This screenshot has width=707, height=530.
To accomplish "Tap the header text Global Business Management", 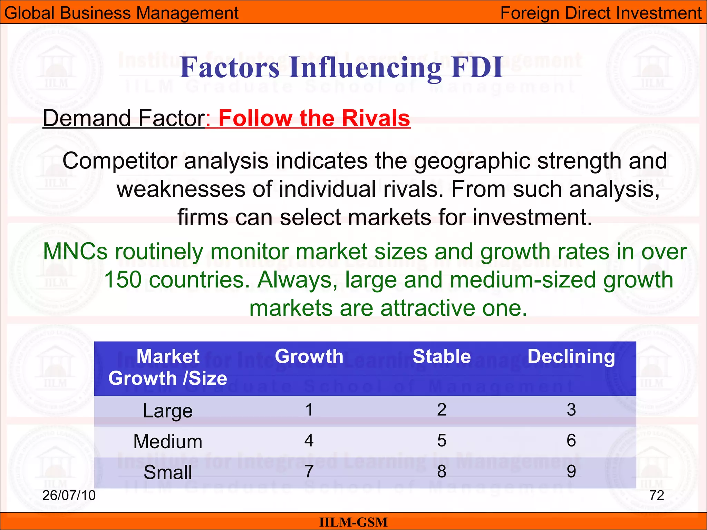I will (121, 13).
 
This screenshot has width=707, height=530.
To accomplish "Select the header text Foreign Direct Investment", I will (601, 13).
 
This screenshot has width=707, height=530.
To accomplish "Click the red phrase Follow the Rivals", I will (314, 118).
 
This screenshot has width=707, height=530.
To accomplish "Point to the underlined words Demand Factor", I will (124, 118).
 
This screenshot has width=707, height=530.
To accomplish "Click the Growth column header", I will (309, 356).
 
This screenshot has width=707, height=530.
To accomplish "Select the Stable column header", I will (442, 356).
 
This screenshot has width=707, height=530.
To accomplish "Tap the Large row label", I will (168, 411).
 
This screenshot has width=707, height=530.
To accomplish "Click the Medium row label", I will (168, 441).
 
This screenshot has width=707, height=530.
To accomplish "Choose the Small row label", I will (168, 472).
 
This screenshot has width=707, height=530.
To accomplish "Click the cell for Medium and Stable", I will (442, 441).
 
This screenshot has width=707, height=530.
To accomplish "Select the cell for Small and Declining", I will (571, 471).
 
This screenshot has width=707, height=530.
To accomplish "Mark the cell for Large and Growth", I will (309, 410).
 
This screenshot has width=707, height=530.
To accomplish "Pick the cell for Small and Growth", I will (309, 471).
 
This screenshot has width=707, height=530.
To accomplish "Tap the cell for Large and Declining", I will (571, 410).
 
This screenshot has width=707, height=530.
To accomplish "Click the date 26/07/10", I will (69, 495).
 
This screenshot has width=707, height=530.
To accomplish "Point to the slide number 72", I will (657, 495).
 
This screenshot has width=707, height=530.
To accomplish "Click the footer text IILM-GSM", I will (353, 522).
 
